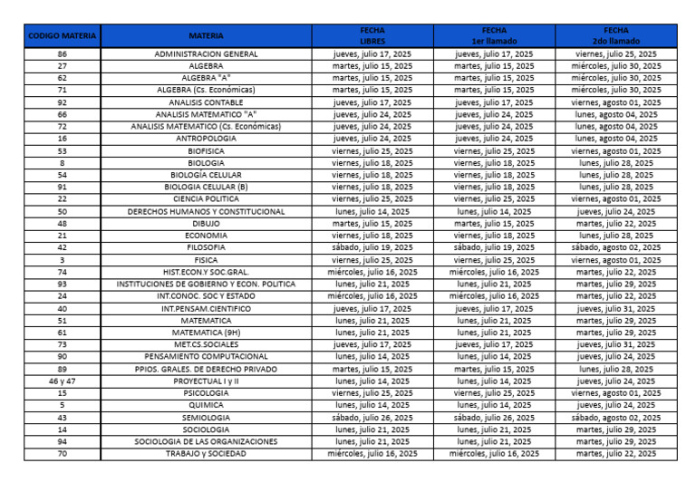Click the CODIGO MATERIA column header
point(62,35)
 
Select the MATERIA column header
point(206,35)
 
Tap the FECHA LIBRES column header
point(372,35)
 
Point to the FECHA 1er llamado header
point(494,35)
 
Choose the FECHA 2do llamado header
point(616,35)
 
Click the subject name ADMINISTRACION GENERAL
point(206,54)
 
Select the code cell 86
point(62,54)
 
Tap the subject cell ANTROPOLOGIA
point(206,139)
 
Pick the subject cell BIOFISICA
point(206,150)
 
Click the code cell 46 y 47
point(62,381)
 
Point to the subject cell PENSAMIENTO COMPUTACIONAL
point(206,357)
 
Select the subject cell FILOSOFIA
point(206,247)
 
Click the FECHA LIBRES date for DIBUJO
point(372,223)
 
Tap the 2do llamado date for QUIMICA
point(616,405)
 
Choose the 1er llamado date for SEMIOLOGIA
point(494,418)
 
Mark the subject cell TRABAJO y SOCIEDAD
point(206,453)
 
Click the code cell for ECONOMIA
point(62,235)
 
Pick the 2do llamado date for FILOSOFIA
point(616,247)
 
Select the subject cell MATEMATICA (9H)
point(206,333)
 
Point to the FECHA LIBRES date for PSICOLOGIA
point(372,393)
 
